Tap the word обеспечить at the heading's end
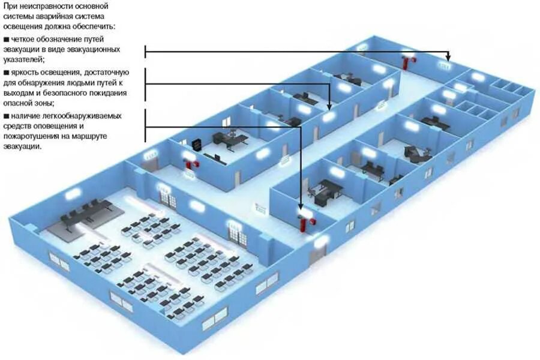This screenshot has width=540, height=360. tap(97, 27)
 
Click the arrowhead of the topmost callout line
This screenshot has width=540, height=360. tap(447, 58)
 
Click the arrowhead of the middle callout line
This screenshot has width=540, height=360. tap(329, 107)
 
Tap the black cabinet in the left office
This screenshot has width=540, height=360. tap(196, 144)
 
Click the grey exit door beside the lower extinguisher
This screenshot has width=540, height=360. tap(314, 256)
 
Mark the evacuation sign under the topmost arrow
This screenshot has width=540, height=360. tap(446, 65)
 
